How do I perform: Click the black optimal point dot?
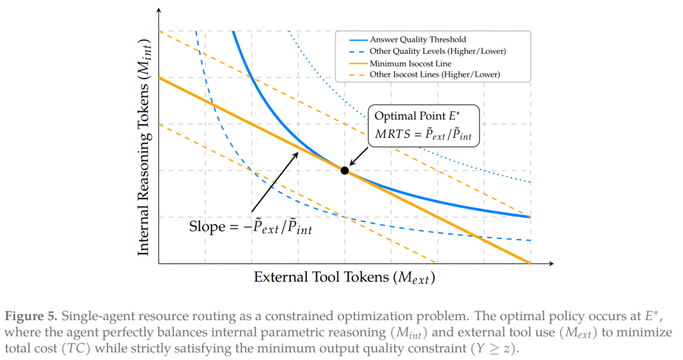[345, 170]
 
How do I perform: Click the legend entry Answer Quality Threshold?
[418, 40]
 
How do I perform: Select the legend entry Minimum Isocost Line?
[410, 63]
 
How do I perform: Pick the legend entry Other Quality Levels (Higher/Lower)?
[438, 51]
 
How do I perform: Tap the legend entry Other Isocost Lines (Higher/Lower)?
[434, 75]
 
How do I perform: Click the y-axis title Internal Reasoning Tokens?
[144, 147]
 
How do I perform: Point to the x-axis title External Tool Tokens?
[345, 278]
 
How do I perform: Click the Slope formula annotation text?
[250, 227]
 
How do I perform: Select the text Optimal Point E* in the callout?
[417, 116]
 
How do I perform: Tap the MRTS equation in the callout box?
[423, 134]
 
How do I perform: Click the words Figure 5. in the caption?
[31, 316]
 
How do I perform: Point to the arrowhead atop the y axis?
[159, 9]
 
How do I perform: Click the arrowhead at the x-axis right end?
[551, 263]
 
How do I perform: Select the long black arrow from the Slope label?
[275, 182]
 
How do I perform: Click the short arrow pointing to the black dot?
[359, 156]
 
